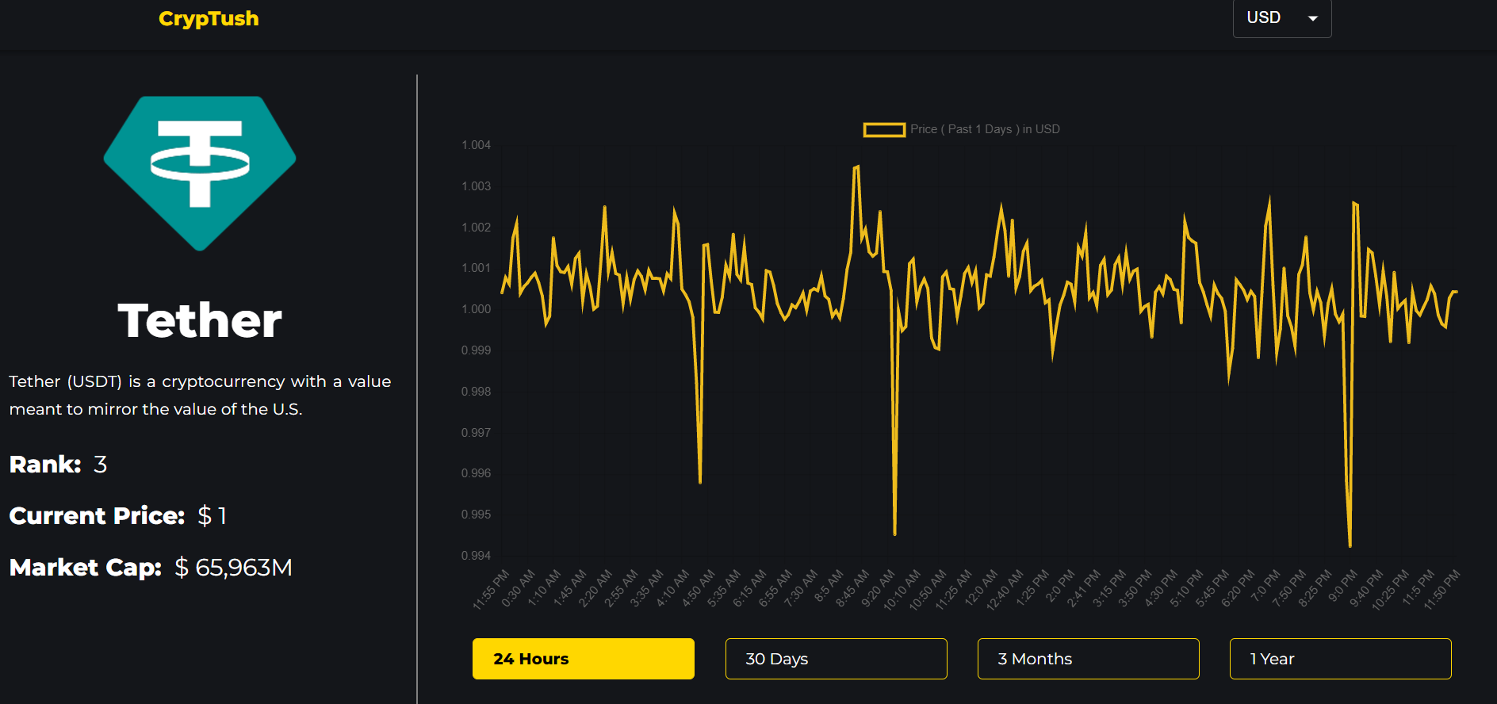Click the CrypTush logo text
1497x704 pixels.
pos(209,18)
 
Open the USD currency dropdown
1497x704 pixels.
pos(1281,17)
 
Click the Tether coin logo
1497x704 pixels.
pos(200,173)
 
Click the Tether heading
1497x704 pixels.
pos(200,320)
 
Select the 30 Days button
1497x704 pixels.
pos(836,659)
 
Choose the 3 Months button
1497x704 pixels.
pos(1088,659)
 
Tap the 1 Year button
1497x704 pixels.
pos(1340,659)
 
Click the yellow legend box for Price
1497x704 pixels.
pos(884,129)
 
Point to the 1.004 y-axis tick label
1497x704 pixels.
pos(476,145)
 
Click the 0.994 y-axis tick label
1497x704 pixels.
pos(476,556)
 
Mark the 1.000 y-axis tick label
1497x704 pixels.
pos(476,309)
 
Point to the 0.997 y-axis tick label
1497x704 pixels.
pos(476,433)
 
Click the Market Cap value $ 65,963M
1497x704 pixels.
pos(234,568)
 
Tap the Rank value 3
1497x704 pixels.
pos(100,465)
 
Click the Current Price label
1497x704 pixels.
pos(97,516)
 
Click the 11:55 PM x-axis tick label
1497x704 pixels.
pos(491,590)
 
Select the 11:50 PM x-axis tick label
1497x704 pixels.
pos(1441,590)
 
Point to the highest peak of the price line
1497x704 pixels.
pos(857,166)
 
